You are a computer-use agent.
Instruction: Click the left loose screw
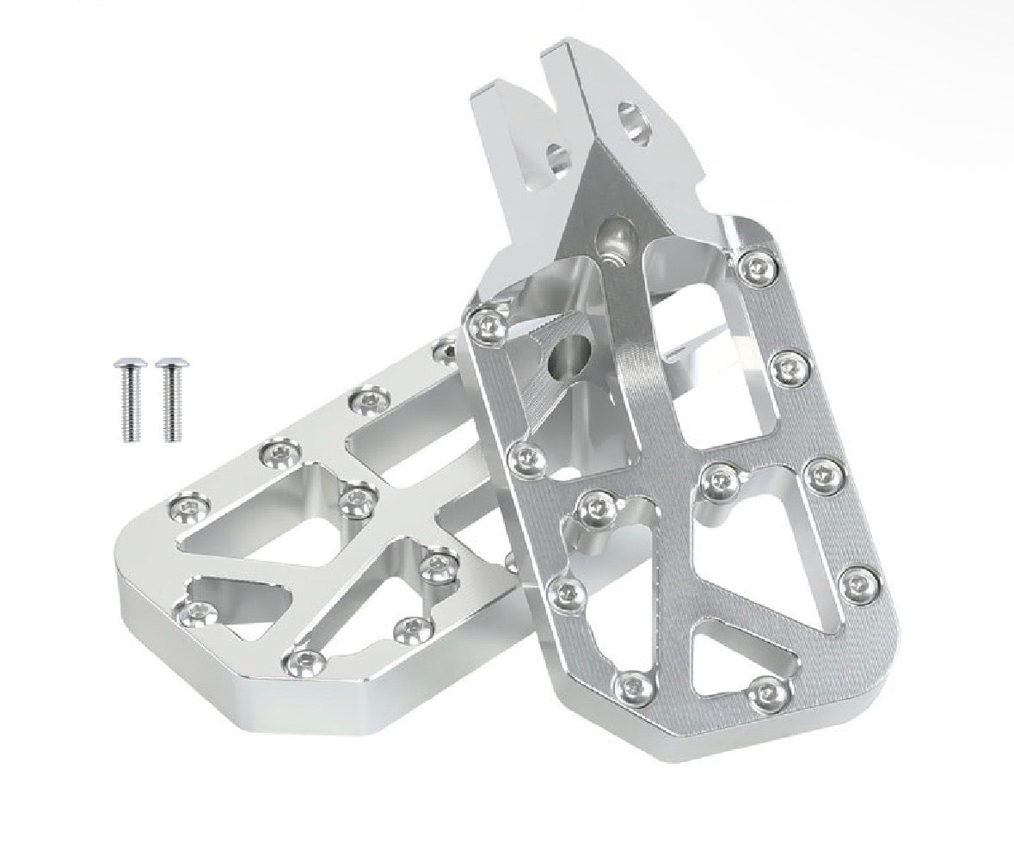128,399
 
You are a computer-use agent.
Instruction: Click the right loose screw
170,399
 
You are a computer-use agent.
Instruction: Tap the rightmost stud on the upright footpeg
858,585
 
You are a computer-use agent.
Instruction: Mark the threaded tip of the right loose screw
171,434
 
